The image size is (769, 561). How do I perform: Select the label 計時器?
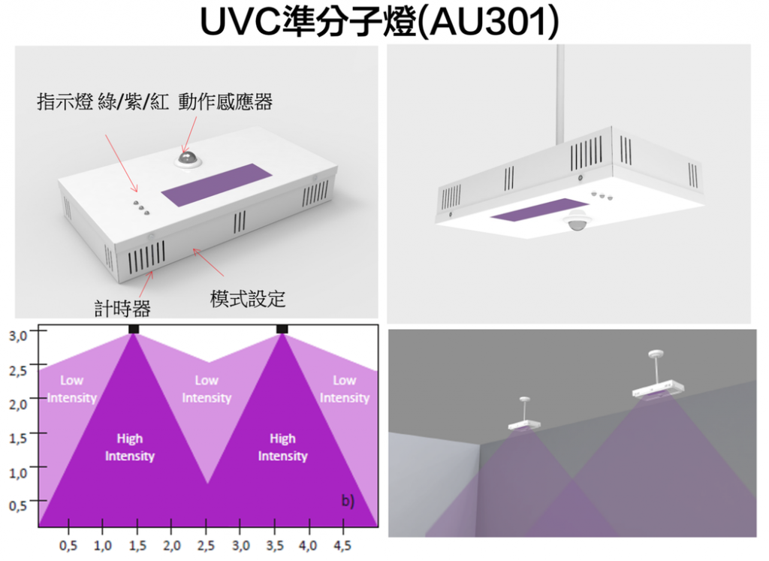pos(127,307)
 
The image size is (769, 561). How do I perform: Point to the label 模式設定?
pos(248,299)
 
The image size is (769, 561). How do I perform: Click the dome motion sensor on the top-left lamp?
pos(187,158)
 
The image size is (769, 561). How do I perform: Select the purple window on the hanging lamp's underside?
pos(540,210)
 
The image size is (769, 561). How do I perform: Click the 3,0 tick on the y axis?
pos(18,335)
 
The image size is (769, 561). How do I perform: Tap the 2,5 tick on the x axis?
pos(207,543)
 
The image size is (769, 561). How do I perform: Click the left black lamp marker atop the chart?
pos(134,330)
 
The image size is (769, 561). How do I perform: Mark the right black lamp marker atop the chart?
pos(282,330)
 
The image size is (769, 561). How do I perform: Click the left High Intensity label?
pos(129,448)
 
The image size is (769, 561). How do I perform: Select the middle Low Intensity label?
pos(207,389)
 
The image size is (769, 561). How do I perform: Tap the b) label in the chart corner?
pos(348,501)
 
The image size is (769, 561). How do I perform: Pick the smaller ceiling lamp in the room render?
pos(524,424)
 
